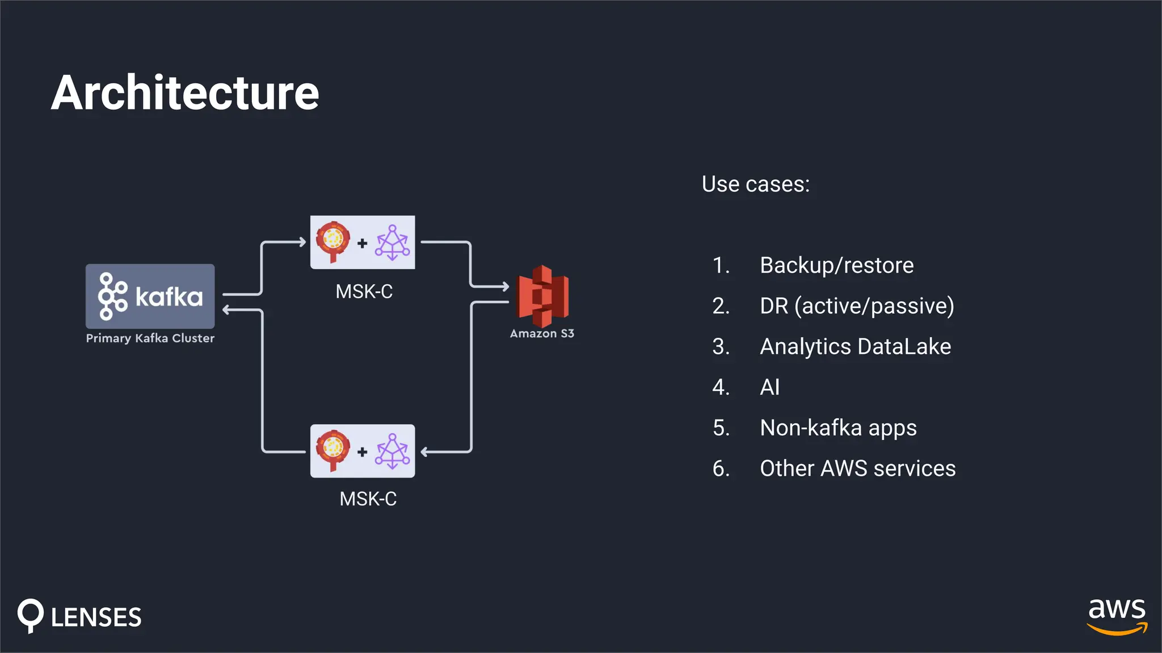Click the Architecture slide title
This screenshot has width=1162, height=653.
coord(185,92)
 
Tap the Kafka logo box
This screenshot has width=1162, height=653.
coord(150,296)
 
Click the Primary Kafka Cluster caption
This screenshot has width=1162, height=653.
coord(150,338)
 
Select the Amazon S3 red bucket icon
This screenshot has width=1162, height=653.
coord(542,296)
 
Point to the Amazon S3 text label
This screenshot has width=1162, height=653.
coord(542,334)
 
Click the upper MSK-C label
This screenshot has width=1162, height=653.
coord(364,291)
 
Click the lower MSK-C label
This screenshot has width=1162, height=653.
coord(368,499)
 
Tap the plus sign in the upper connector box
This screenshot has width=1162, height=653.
coord(362,243)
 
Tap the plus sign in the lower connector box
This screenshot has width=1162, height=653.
coord(362,452)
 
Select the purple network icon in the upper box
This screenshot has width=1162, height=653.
coord(392,243)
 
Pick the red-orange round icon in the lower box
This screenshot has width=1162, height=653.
coord(332,449)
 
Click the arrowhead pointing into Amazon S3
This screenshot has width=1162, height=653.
coord(505,286)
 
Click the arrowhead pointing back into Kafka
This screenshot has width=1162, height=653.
coord(226,309)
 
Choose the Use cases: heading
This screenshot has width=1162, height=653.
coord(755,184)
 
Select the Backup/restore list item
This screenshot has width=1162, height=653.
coord(836,265)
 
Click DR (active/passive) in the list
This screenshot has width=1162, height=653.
coord(856,306)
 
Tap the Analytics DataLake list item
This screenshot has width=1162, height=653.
coord(855,346)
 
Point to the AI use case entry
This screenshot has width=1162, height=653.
coord(769,387)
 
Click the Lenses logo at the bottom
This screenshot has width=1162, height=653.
coord(79,616)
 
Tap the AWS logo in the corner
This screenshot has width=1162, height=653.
coord(1116,616)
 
